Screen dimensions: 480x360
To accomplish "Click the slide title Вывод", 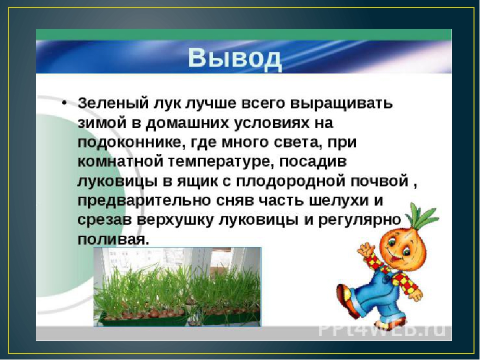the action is [235, 58].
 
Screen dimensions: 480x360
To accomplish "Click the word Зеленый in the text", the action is [112, 103].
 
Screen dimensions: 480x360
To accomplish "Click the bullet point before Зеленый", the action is [64, 103].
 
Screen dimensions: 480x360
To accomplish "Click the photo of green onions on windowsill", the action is [177, 287].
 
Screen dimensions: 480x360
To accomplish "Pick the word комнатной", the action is [120, 162].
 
